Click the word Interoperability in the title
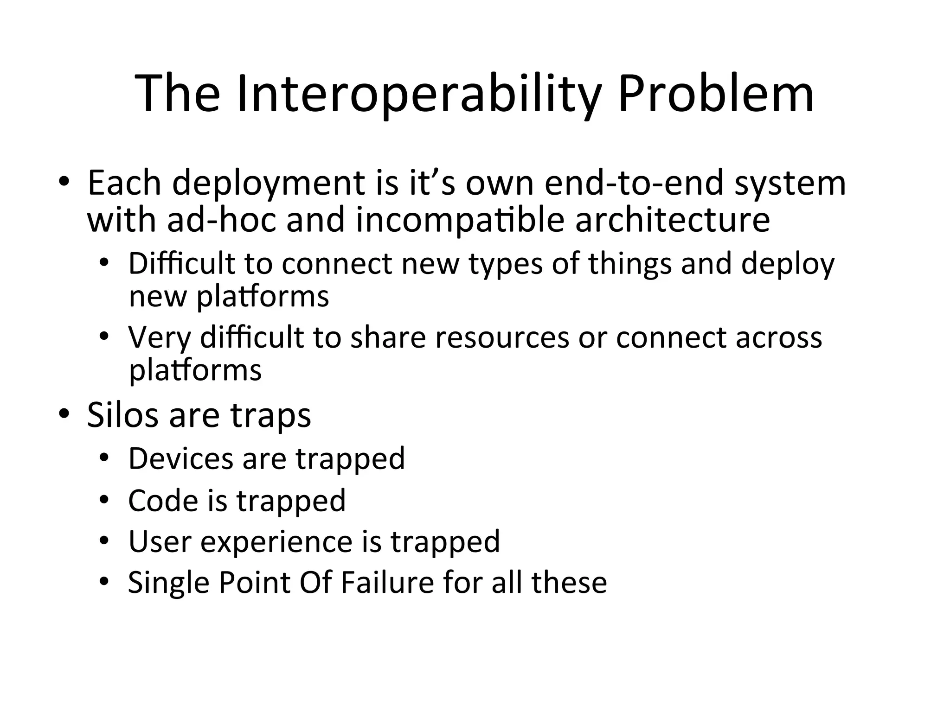(419, 95)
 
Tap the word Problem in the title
(716, 95)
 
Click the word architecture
(673, 220)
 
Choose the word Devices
(180, 458)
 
